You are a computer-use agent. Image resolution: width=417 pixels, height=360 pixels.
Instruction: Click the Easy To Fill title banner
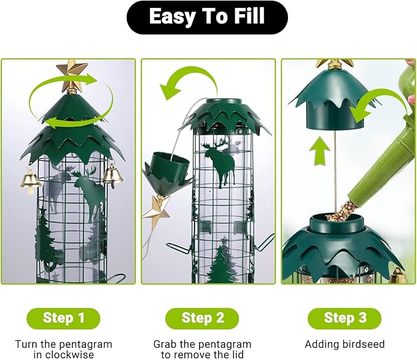207,17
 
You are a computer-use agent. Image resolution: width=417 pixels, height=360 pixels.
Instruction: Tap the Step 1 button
63,318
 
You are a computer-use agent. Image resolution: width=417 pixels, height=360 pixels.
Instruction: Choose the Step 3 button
344,318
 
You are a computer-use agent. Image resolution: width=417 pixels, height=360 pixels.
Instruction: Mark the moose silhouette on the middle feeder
223,161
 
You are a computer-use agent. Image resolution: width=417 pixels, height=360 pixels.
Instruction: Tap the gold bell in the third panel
397,276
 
